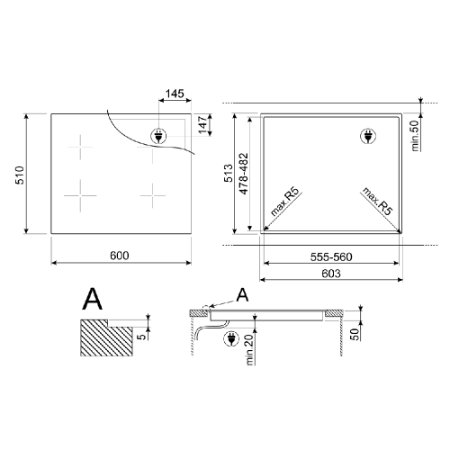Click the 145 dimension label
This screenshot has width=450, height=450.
(x=175, y=94)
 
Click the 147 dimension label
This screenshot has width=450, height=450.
(x=203, y=125)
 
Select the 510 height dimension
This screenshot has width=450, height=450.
(x=20, y=175)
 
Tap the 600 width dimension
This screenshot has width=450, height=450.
(x=120, y=256)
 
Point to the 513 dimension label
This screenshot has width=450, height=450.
(x=229, y=173)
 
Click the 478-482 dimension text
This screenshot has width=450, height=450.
(x=244, y=174)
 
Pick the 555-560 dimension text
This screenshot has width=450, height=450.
(x=331, y=257)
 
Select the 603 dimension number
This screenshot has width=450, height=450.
(x=331, y=274)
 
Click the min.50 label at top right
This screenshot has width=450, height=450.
(x=415, y=136)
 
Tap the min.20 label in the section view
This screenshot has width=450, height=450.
(x=250, y=349)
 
